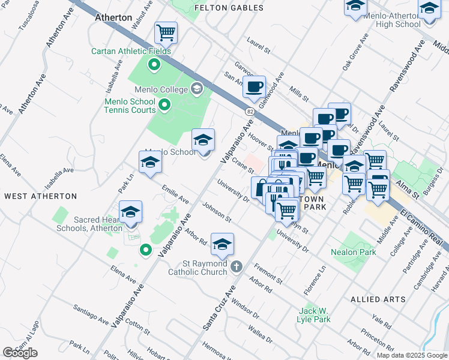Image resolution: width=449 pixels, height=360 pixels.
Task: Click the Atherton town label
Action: pos(113,17)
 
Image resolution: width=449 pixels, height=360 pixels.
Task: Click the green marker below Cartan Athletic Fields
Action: pos(154,65)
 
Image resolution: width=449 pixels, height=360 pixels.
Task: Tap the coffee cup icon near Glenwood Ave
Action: pos(254,86)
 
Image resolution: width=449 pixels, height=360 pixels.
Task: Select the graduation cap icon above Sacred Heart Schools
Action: pos(130,212)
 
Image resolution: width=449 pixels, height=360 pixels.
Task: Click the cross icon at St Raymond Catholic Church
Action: pos(237,265)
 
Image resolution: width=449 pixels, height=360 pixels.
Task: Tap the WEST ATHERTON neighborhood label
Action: pos(41,196)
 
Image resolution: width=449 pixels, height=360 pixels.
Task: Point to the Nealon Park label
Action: pos(354,252)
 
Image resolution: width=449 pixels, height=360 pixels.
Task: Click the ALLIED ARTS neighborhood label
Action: pos(374,299)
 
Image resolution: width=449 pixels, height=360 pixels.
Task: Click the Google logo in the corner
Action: pos(20,353)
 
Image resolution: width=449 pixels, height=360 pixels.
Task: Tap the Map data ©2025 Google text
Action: pos(412,355)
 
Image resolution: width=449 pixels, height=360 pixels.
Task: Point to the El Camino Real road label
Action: pos(423,227)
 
